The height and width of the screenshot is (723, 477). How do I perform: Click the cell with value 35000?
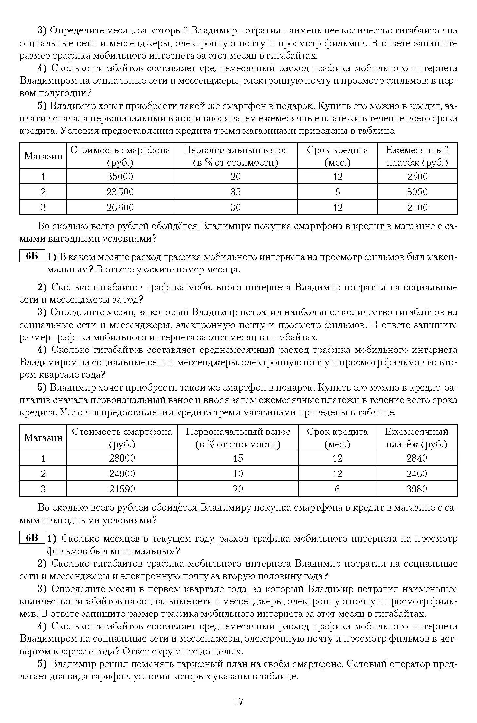[x=120, y=177]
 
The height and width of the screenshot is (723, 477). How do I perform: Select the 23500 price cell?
[x=120, y=192]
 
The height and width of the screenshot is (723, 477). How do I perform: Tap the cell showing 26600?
[x=120, y=207]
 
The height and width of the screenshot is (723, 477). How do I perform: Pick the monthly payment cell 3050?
[x=417, y=192]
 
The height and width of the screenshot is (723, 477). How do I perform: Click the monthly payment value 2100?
[x=417, y=207]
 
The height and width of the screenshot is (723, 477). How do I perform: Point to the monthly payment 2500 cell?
[x=417, y=177]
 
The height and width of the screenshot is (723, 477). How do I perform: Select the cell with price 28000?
[x=122, y=458]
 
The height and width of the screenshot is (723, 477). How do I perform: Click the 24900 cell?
[x=122, y=473]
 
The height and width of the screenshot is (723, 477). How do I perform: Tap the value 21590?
[x=122, y=489]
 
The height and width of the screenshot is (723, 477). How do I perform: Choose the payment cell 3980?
[x=416, y=489]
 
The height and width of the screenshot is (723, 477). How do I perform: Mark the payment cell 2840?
[x=416, y=458]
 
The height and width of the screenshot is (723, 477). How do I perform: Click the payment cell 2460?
[x=416, y=473]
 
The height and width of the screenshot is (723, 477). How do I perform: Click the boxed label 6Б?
[x=32, y=256]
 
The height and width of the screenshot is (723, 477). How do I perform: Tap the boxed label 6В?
[x=32, y=538]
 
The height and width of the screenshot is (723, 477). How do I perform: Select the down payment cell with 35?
[x=236, y=192]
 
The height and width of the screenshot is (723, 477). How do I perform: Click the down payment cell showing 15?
[x=238, y=458]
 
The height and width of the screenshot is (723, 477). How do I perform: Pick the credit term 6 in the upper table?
[x=338, y=192]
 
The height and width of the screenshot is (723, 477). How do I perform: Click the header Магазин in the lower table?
[x=43, y=438]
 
